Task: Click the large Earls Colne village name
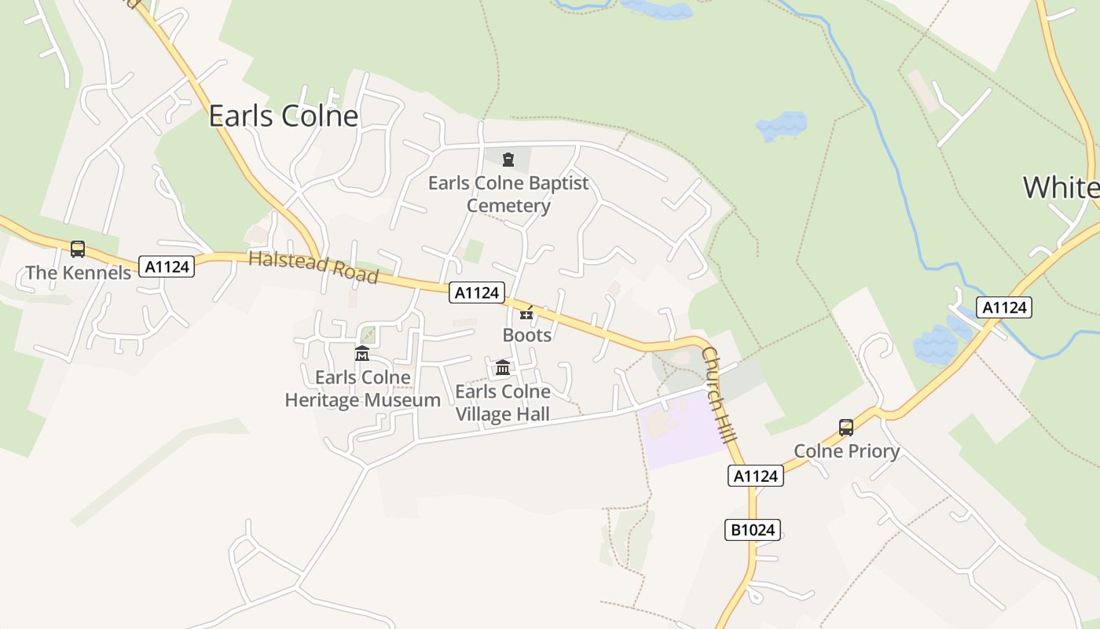(283, 116)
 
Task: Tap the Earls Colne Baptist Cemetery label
(508, 194)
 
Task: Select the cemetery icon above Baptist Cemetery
(508, 160)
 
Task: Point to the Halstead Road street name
(313, 267)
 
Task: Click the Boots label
(526, 335)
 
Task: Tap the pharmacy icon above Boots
(526, 314)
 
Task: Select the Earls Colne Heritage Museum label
(362, 388)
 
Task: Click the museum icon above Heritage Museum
(361, 354)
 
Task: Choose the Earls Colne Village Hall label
(503, 403)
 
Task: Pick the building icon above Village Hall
(503, 367)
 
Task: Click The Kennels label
(78, 273)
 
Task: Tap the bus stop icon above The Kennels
(78, 249)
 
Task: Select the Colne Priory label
(846, 451)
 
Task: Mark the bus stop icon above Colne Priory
(846, 428)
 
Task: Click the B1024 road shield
(753, 530)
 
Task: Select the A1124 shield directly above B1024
(756, 476)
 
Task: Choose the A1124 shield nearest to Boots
(477, 292)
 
